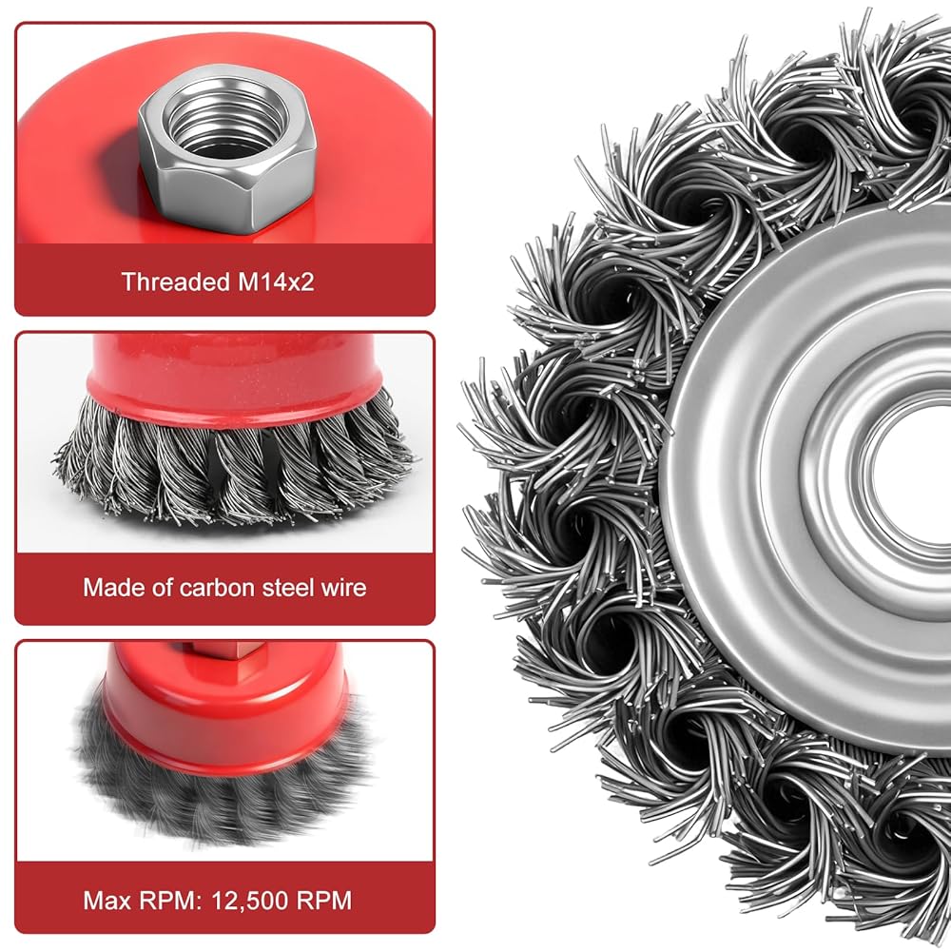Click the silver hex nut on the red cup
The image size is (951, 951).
(x=228, y=149)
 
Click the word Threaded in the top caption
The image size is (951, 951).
(x=176, y=282)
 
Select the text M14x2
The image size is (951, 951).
(x=276, y=282)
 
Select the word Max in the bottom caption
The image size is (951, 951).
(x=107, y=900)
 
